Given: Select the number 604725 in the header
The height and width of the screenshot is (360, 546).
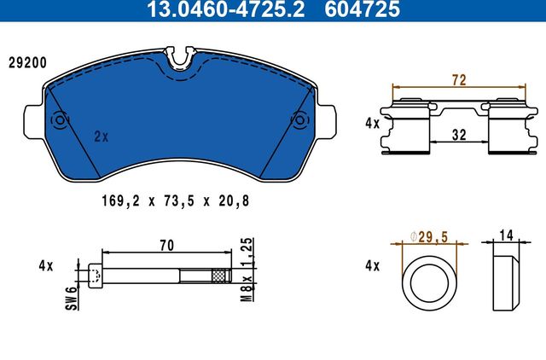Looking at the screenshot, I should click(x=365, y=10).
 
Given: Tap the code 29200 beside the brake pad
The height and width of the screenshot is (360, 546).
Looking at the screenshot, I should click(x=26, y=62).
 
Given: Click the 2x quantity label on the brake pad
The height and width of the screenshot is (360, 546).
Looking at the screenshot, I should click(x=101, y=136).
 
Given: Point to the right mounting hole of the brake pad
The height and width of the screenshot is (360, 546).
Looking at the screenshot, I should click(x=299, y=120).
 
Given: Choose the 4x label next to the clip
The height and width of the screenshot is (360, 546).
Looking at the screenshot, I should click(x=371, y=123).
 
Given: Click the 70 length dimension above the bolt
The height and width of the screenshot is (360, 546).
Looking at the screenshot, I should click(x=166, y=246).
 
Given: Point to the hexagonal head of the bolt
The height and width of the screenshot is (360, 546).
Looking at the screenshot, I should click(x=95, y=275).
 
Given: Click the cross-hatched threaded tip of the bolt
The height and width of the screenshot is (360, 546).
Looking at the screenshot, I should click(x=221, y=275).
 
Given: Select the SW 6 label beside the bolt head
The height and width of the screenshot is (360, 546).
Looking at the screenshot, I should click(x=73, y=299).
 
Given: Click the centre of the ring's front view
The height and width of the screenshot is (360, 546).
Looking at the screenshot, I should click(x=431, y=287).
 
